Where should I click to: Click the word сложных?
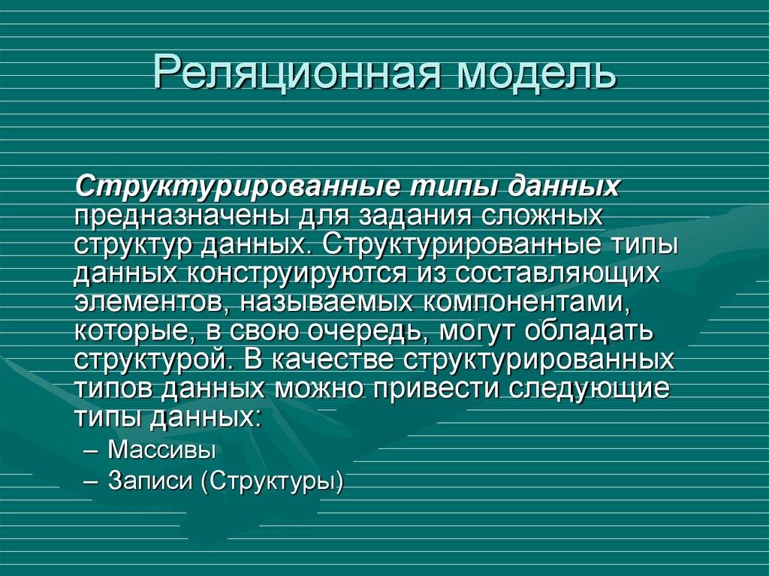coord(541,217)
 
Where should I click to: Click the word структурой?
coord(149,359)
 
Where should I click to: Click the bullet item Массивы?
coord(161,451)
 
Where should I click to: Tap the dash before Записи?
coord(92,481)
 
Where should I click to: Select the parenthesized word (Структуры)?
coord(271,481)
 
